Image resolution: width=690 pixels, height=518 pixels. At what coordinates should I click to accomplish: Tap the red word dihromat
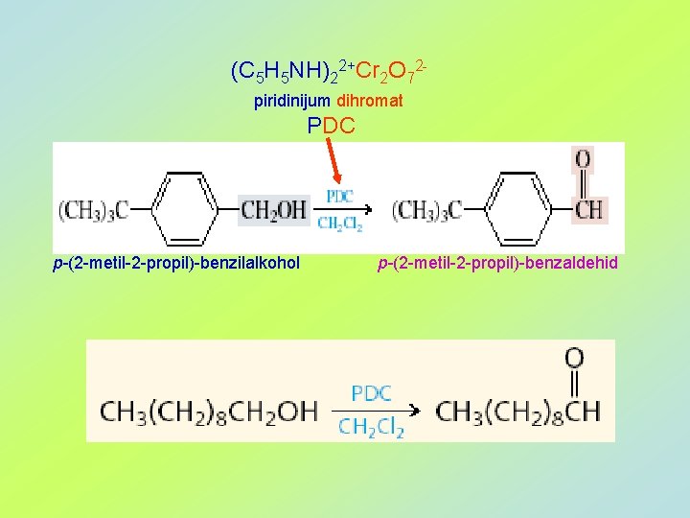(370, 100)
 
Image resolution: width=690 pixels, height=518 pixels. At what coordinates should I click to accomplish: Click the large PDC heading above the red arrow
(331, 125)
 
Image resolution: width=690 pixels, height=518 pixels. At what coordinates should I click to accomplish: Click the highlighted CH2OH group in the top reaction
(273, 209)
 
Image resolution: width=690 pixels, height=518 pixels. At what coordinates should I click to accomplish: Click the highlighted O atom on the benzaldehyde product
(583, 160)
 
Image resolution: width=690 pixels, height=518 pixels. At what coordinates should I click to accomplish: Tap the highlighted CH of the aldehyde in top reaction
(587, 209)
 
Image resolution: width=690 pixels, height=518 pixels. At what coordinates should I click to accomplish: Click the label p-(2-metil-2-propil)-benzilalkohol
(176, 263)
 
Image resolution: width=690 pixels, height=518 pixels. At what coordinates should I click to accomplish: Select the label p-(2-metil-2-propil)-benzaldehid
(498, 263)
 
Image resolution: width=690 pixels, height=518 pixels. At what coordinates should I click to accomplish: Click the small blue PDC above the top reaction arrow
(340, 196)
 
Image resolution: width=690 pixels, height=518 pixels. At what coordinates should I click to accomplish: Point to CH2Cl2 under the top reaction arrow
(340, 224)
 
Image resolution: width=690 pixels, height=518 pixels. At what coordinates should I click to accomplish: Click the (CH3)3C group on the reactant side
(93, 209)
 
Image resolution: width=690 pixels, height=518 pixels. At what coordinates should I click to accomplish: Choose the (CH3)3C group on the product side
(427, 209)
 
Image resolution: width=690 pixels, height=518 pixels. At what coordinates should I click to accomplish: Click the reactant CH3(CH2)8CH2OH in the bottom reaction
(208, 412)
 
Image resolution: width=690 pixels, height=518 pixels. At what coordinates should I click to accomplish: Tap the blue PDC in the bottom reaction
(371, 394)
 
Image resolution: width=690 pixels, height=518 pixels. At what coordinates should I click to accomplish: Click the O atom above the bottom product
(574, 359)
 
